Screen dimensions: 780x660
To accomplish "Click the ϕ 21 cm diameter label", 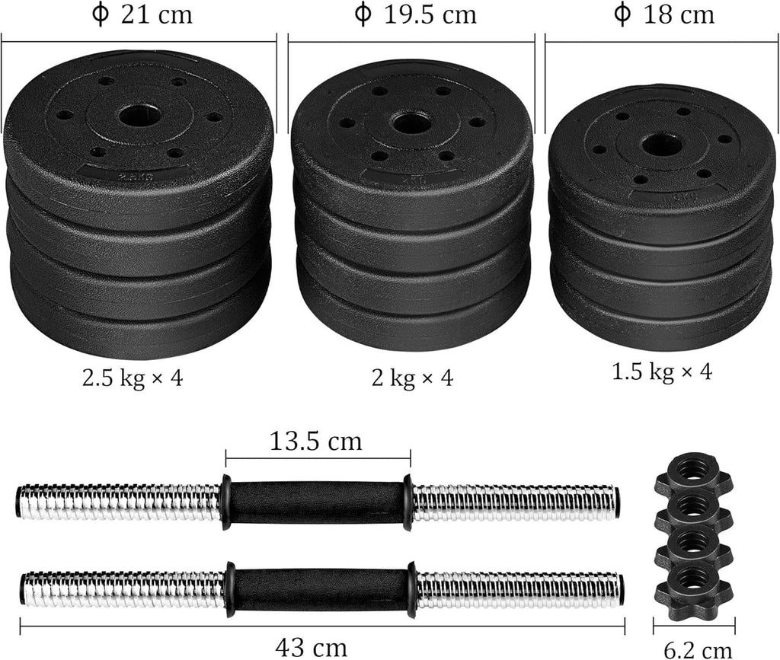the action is (x=142, y=14).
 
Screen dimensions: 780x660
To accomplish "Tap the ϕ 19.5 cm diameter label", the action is (x=415, y=14).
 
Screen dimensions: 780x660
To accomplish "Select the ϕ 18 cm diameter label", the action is (x=664, y=14).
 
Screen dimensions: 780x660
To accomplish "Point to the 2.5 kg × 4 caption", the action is (x=133, y=378).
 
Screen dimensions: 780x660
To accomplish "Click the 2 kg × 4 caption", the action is (x=412, y=378).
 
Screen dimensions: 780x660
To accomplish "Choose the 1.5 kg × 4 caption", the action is (x=662, y=371).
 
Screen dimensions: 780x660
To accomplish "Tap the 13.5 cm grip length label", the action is (x=316, y=441).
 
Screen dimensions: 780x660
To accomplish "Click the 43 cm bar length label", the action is (x=311, y=647).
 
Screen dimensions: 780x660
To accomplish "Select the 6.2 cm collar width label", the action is (x=698, y=649).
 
